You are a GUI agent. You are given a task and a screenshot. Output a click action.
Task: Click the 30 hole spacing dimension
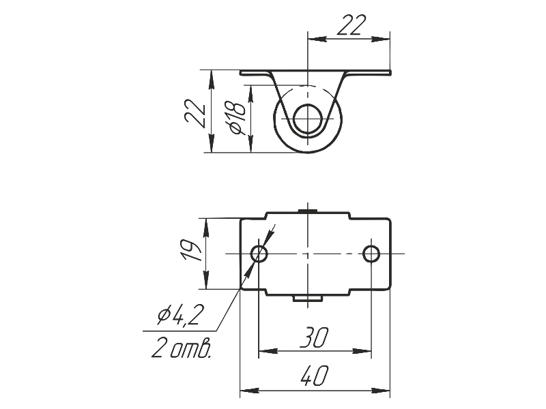315,337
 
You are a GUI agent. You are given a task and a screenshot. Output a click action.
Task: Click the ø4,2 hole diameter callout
179,315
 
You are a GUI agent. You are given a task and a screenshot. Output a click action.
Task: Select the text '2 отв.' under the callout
181,349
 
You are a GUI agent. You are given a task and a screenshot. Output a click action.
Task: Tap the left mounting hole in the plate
259,254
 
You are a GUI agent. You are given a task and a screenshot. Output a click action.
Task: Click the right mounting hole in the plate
371,254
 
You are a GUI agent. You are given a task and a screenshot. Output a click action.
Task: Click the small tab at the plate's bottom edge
308,298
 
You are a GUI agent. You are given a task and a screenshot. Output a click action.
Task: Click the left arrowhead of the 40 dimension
246,391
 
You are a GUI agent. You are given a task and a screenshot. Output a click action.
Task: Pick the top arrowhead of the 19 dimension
207,224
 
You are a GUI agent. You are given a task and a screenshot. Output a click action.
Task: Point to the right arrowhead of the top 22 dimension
386,39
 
